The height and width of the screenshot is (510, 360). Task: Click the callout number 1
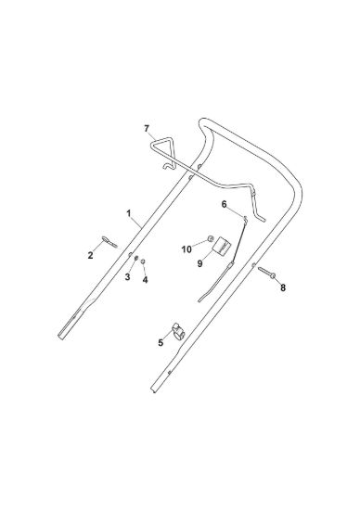129,213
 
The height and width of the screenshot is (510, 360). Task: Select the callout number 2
90,255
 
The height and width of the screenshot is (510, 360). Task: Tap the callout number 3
127,277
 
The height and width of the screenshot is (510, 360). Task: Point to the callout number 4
145,279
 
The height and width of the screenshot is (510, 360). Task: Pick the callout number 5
161,342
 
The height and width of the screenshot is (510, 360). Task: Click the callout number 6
224,204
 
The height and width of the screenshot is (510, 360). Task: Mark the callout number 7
147,129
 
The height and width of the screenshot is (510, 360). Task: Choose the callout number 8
283,287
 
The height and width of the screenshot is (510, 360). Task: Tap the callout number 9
199,263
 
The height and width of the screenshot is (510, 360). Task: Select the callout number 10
186,249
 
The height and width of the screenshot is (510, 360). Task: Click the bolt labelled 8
267,273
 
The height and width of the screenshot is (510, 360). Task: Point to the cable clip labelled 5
178,331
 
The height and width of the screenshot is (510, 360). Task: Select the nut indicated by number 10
211,239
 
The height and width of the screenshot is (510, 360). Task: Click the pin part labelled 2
109,242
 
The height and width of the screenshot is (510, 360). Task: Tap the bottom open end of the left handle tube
61,337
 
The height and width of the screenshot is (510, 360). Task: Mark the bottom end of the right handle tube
154,389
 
